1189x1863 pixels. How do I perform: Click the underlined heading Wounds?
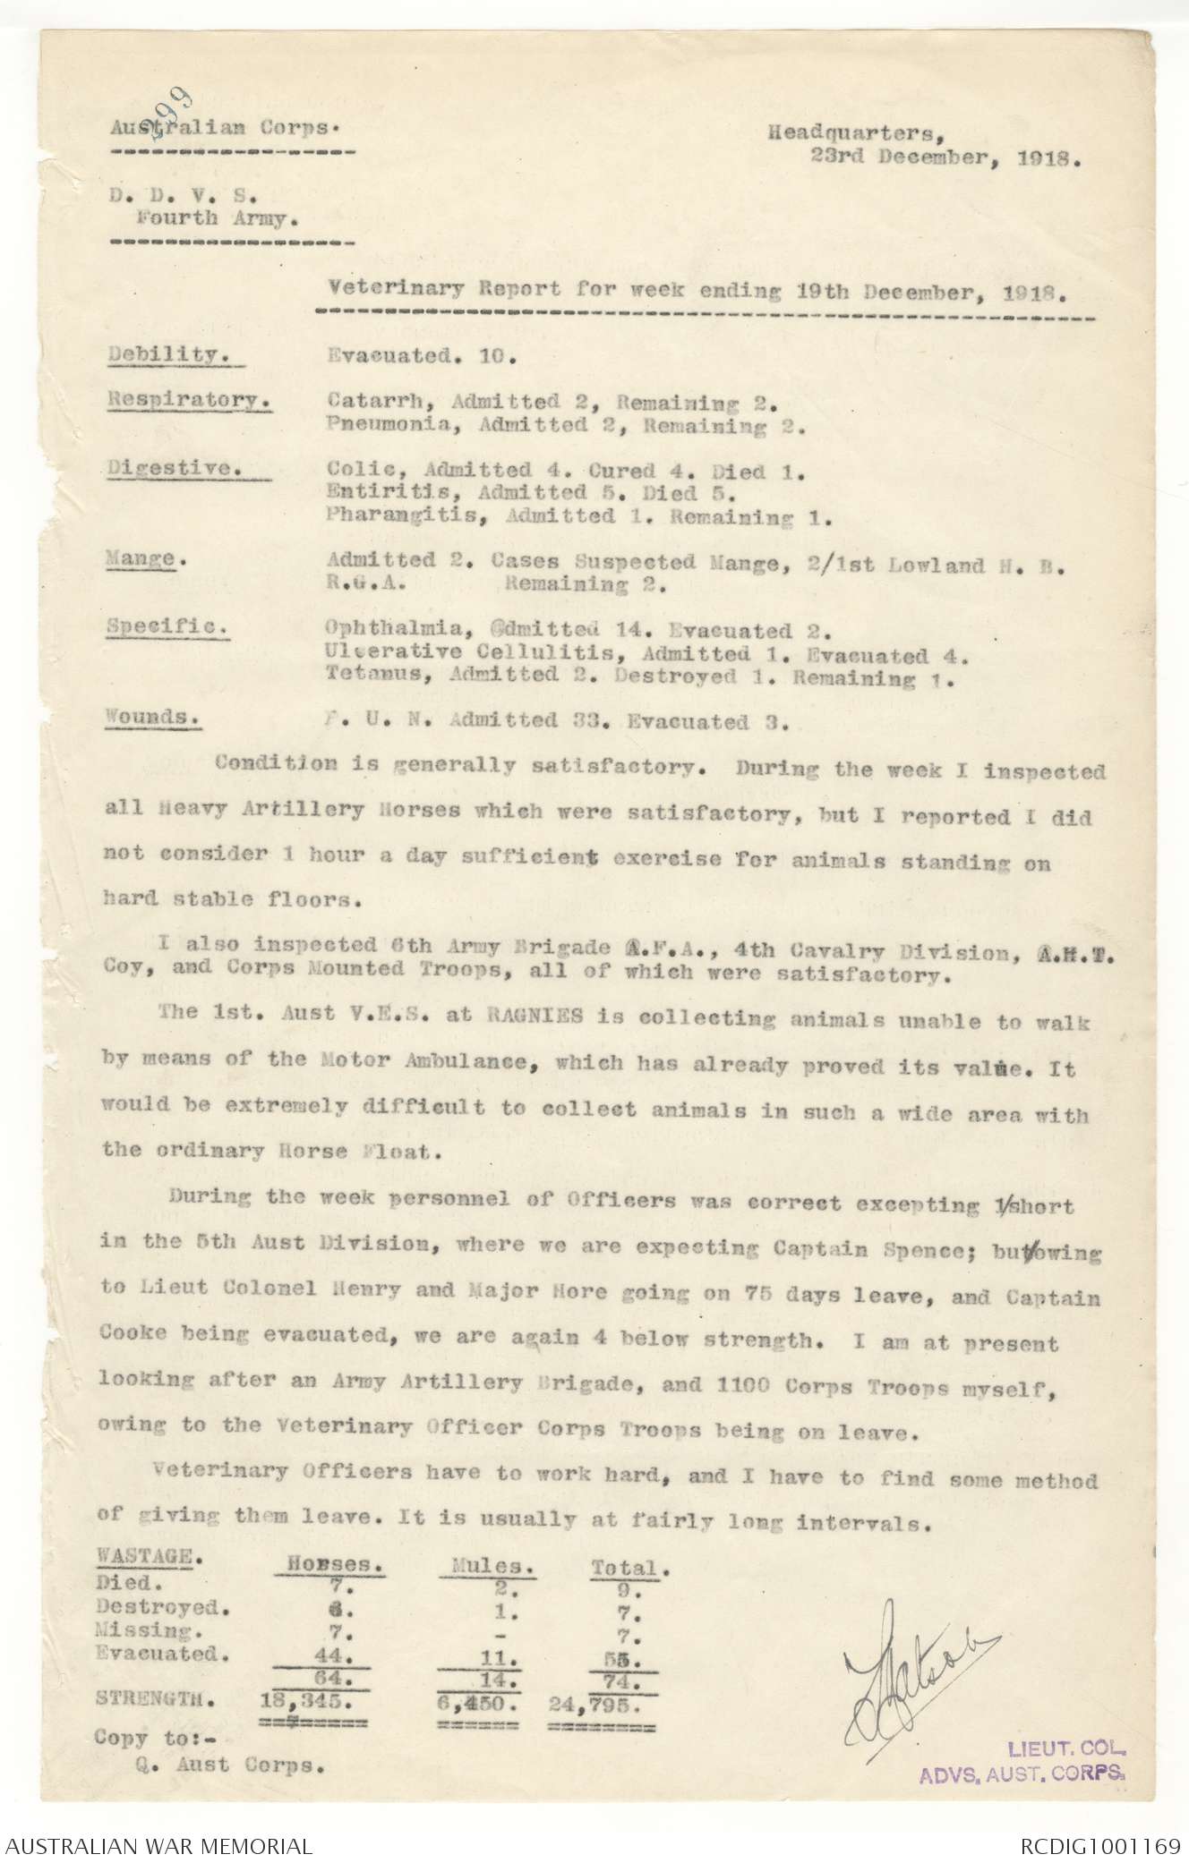point(150,717)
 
